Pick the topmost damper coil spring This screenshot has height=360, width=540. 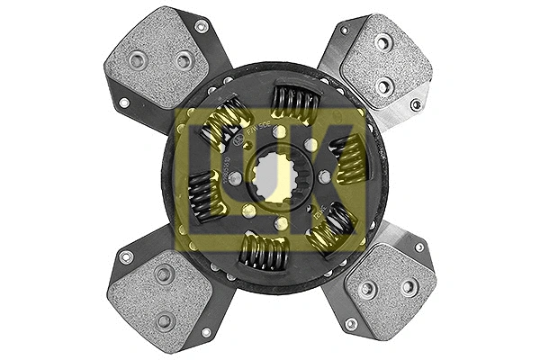pyautogui.click(x=294, y=104)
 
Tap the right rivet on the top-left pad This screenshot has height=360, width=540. pyautogui.click(x=184, y=60)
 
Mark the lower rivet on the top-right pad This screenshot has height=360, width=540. pyautogui.click(x=385, y=86)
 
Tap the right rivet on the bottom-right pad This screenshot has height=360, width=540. pyautogui.click(x=409, y=286)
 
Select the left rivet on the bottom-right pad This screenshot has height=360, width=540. pyautogui.click(x=366, y=289)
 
